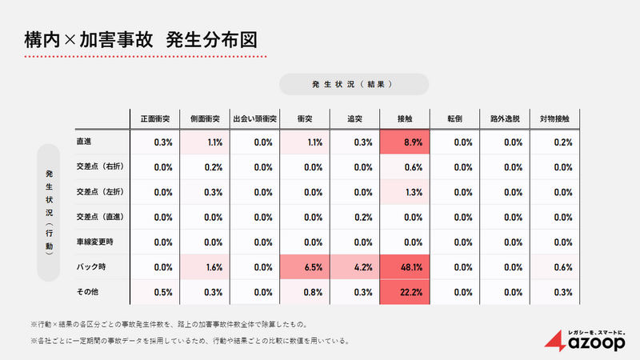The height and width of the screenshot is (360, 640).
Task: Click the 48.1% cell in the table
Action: coord(404,267)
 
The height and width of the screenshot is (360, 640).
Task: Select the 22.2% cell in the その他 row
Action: coord(404,292)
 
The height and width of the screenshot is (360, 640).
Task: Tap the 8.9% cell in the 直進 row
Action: coord(404,142)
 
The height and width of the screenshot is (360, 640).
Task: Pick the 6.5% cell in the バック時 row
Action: coord(304,267)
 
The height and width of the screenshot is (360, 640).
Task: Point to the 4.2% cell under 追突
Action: coord(354,267)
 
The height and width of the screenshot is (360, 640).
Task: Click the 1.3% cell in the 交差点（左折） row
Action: coord(404,192)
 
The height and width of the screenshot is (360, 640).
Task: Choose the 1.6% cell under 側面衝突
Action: coord(205,267)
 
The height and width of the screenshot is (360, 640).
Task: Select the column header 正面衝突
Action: coord(155,118)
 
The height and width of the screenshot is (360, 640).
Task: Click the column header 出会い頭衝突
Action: coord(254,118)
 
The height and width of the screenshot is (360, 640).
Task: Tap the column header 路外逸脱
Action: coord(505,118)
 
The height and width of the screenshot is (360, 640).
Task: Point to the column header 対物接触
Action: coord(554,118)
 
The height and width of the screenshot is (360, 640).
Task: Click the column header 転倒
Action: coord(454,118)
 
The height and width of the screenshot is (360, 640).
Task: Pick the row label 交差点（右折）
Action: coord(100,167)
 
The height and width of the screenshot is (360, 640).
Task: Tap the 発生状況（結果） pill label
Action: coord(354,84)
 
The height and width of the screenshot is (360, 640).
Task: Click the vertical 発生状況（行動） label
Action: coord(50,212)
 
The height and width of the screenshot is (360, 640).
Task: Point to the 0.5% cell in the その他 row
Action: coord(155,292)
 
